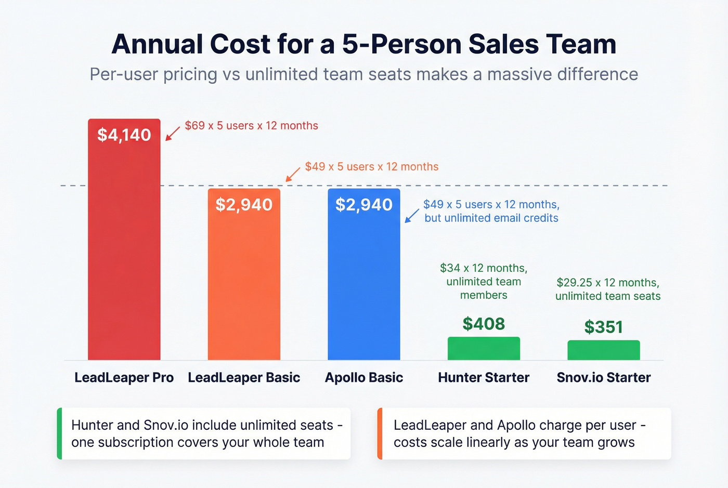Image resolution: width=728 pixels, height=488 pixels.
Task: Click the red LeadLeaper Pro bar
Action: click(124, 249)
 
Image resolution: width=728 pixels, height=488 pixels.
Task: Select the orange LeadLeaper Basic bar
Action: click(244, 281)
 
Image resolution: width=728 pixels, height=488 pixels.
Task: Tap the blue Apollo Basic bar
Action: click(364, 281)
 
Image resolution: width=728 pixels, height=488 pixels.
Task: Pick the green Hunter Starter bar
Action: click(484, 349)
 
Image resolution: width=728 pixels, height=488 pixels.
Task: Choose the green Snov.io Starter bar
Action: click(603, 350)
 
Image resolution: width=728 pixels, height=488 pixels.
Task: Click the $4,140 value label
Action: click(124, 135)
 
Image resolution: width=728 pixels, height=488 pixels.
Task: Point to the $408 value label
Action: click(484, 324)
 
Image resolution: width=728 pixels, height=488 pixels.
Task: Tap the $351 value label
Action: click(603, 327)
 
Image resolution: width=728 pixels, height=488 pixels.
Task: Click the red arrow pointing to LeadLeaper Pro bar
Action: click(173, 134)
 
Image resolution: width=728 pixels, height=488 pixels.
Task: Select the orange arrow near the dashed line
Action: click(293, 174)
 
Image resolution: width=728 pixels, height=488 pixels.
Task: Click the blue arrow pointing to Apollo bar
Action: click(412, 216)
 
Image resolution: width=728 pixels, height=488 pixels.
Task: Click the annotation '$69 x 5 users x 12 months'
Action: click(252, 126)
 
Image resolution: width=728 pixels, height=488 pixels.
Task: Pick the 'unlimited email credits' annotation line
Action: click(491, 218)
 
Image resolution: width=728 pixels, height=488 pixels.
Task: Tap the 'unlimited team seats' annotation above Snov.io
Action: click(608, 296)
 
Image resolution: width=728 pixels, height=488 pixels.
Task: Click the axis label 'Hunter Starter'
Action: click(484, 377)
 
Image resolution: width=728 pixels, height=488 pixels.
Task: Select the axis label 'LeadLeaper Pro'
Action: click(124, 377)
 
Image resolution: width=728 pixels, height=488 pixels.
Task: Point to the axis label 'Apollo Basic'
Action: click(364, 377)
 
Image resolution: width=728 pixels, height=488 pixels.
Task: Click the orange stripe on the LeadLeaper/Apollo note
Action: click(380, 433)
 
